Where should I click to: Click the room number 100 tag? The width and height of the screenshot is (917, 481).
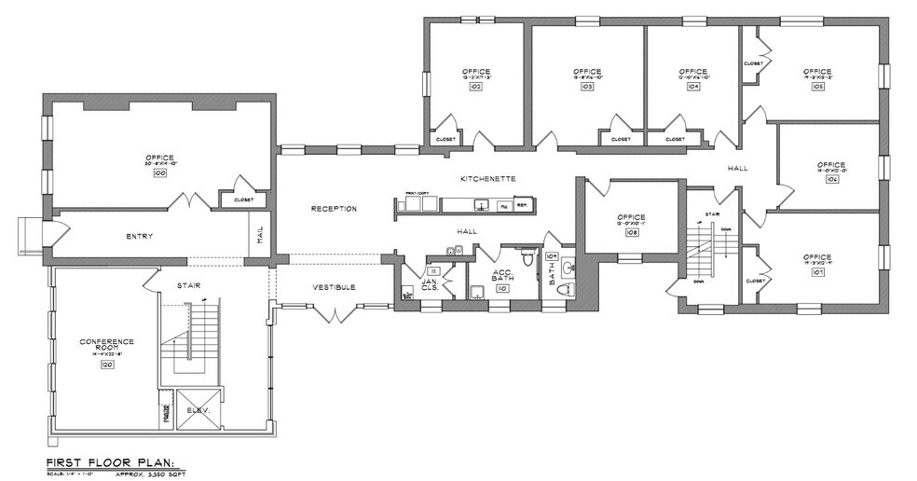click(x=159, y=174)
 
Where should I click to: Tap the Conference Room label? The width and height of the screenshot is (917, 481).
click(x=106, y=346)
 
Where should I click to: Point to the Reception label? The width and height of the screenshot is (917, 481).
click(x=334, y=209)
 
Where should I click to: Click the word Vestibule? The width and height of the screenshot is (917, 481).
click(x=333, y=287)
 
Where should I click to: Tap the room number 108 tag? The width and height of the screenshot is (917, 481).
click(x=632, y=234)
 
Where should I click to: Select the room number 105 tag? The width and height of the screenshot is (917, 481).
click(x=817, y=86)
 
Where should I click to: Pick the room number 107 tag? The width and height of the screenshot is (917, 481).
click(x=817, y=273)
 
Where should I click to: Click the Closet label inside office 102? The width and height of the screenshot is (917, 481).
click(x=445, y=140)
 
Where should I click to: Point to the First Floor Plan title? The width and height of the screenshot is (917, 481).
click(x=103, y=462)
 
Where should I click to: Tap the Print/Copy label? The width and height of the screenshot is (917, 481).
click(x=415, y=192)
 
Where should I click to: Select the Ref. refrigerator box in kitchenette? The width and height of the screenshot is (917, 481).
click(x=522, y=205)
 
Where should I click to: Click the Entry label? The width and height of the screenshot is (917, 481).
click(x=139, y=237)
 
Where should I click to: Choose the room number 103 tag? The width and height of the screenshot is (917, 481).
click(x=587, y=86)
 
